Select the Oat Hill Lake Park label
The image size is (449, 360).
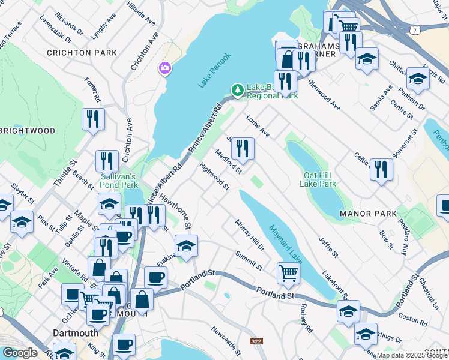[x=318, y=179]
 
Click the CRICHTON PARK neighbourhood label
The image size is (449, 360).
[x=82, y=53]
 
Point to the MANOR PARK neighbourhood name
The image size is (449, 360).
[x=368, y=214]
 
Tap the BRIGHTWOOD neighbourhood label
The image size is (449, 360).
[x=28, y=131]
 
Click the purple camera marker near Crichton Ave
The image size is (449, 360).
[x=164, y=68]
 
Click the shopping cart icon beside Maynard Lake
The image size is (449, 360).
[x=289, y=273]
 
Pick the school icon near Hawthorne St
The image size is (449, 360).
[x=186, y=246]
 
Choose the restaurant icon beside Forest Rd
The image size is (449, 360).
[x=93, y=118]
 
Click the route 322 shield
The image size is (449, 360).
[x=256, y=341]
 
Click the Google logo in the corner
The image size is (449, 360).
[x=19, y=353]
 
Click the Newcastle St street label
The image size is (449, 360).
[x=226, y=340]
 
